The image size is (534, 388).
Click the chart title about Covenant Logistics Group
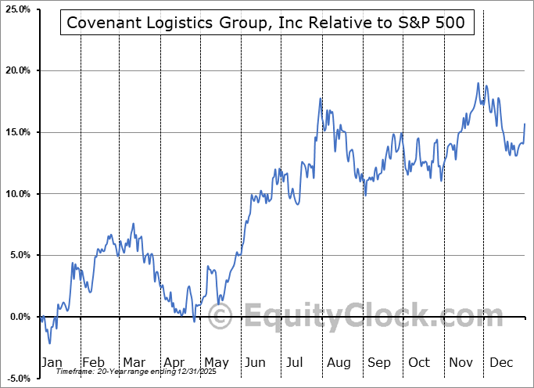tap(266, 23)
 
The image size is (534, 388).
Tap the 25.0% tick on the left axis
tap(16, 9)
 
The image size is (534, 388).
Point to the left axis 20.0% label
tap(16, 71)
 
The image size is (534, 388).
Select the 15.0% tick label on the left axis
tap(16, 132)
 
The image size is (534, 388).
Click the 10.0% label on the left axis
tap(16, 194)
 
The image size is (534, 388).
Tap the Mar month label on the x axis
tap(133, 362)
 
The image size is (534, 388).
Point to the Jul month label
tap(296, 362)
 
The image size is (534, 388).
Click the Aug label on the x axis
tap(338, 362)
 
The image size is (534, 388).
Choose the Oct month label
tap(418, 362)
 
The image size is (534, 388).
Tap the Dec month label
tap(500, 362)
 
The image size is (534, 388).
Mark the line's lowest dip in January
tap(49, 343)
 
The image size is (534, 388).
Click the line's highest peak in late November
tap(477, 83)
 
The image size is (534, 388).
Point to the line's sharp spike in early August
tap(320, 99)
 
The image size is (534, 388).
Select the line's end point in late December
tap(525, 124)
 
